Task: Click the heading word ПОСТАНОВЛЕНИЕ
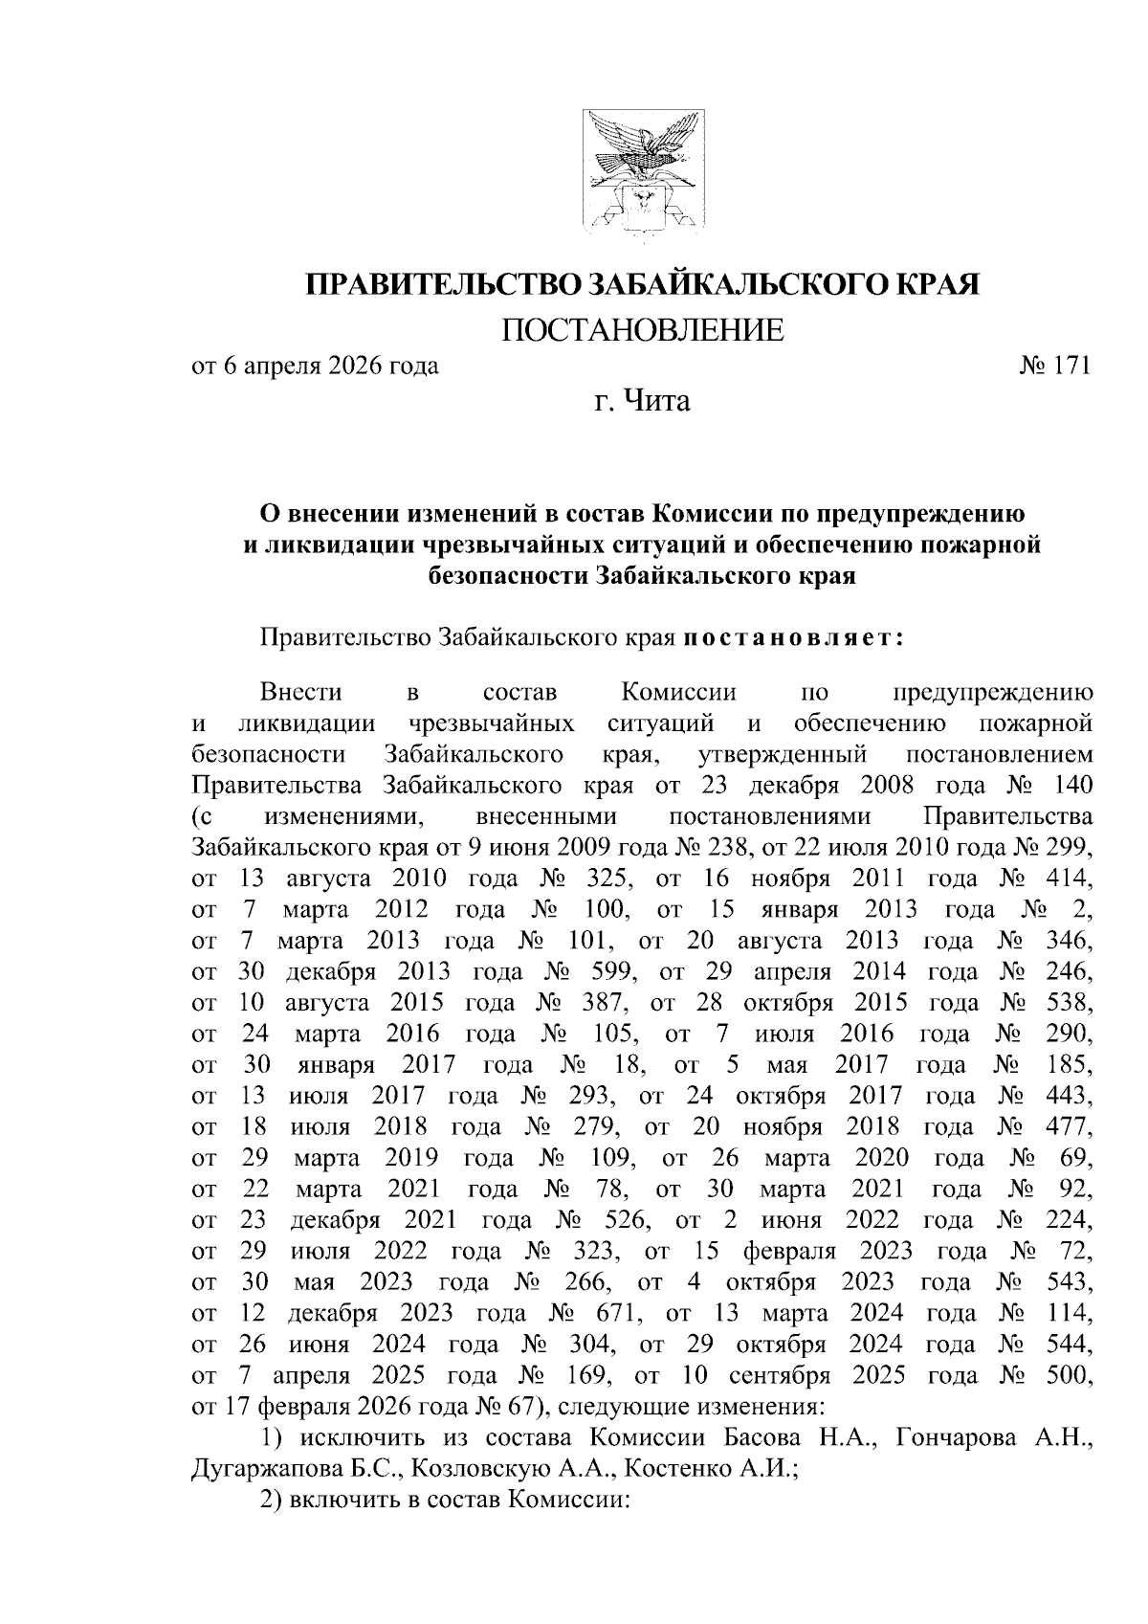tap(642, 330)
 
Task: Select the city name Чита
tap(657, 400)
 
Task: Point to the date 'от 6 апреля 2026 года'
tap(316, 367)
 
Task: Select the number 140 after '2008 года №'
tap(1071, 786)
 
